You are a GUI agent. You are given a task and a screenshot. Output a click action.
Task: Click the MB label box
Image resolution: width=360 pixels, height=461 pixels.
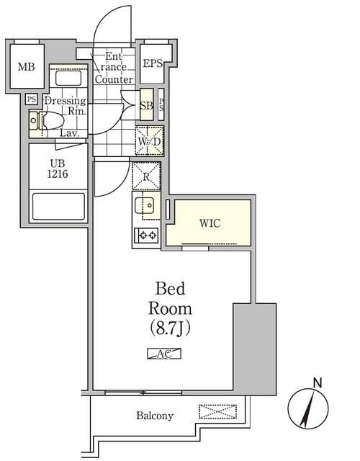point(26,68)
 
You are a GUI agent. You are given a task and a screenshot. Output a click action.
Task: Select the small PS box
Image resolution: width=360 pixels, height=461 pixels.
point(32,99)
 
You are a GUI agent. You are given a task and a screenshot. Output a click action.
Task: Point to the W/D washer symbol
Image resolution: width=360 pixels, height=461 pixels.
point(149,140)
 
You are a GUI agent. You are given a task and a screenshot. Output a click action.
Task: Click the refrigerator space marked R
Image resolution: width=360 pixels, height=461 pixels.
point(146,176)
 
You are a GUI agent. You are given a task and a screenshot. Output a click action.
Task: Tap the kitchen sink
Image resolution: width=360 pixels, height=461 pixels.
point(146,207)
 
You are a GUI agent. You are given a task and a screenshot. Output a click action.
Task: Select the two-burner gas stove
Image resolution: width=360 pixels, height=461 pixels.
point(147,234)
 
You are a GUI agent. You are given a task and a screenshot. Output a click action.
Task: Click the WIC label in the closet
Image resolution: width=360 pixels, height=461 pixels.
point(210,223)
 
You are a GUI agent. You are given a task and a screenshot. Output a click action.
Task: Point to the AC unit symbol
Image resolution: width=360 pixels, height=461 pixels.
point(164,353)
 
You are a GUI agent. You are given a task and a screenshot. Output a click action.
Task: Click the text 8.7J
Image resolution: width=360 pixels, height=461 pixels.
point(170,328)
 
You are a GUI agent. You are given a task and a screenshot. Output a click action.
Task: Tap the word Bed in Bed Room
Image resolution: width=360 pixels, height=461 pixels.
point(171,290)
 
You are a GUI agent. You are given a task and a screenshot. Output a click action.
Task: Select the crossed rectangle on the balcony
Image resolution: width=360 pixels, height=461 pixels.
point(217,412)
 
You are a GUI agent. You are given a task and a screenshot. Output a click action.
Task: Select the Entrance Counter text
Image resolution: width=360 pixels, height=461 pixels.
point(114,68)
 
